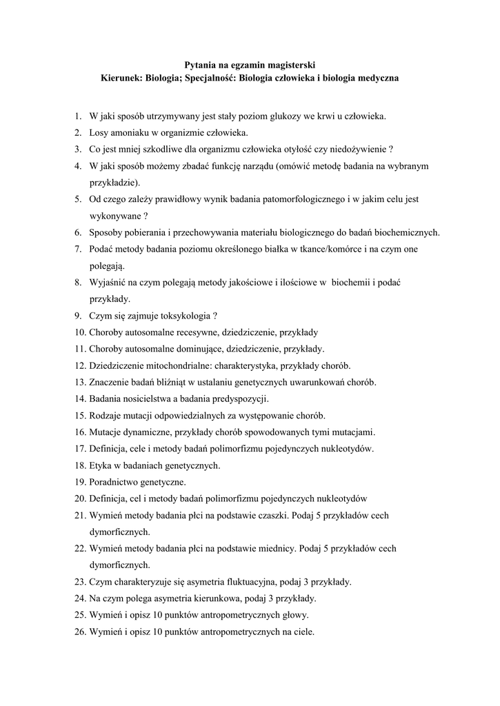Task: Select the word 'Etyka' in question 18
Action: pos(101,466)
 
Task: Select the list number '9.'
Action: pos(79,316)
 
